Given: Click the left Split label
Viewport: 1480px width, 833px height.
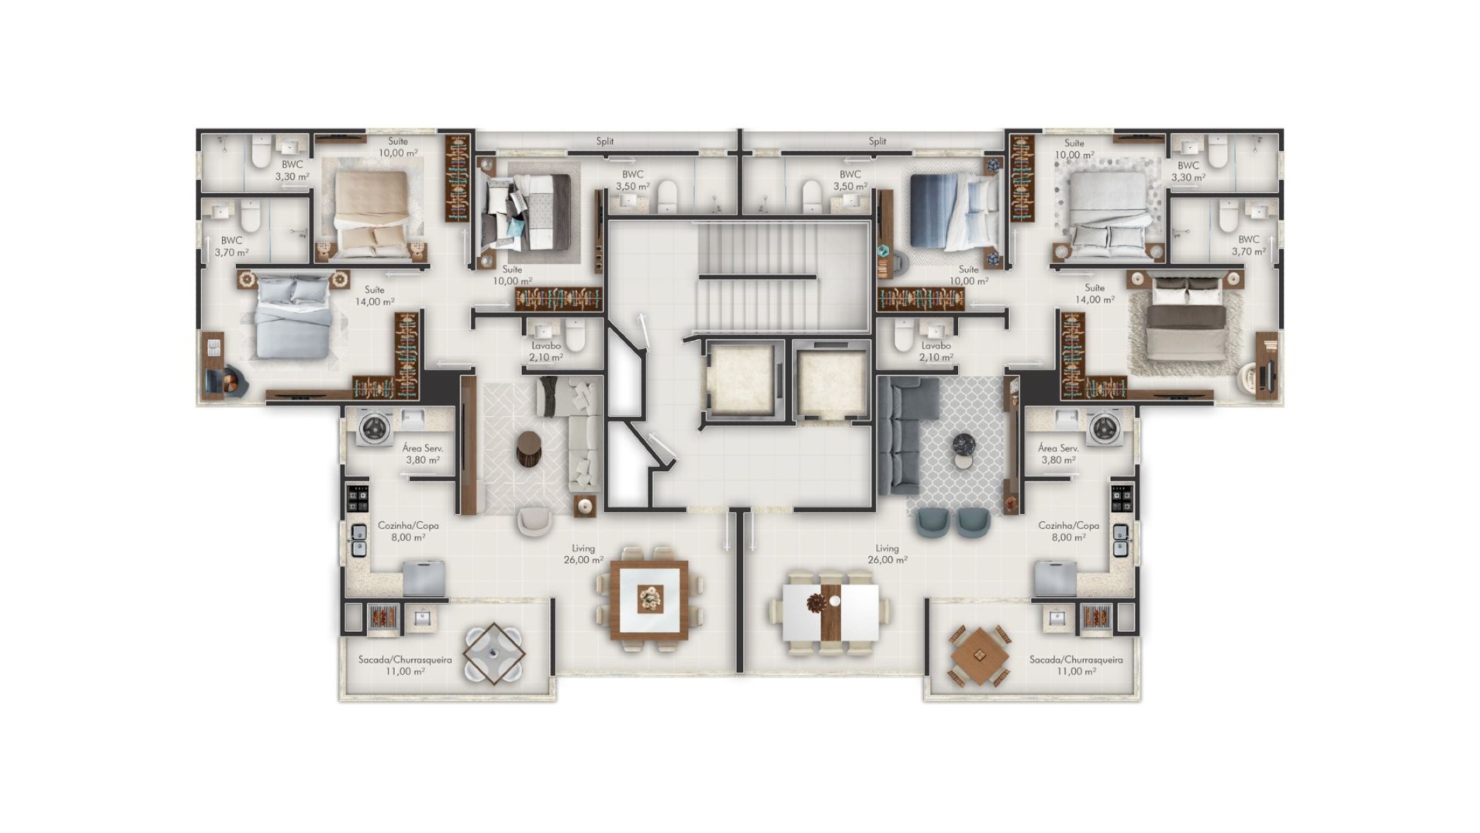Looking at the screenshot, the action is (604, 141).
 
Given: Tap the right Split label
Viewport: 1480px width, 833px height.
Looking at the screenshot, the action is (877, 141).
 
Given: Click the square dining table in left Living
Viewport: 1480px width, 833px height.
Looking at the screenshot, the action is (649, 599).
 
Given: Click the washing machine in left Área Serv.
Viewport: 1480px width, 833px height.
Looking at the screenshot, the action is (375, 427).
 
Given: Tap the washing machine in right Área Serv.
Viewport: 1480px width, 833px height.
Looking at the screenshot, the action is (1105, 427).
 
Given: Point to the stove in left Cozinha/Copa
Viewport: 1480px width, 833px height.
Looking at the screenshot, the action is (358, 498).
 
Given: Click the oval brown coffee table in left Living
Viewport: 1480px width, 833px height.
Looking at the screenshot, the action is (529, 448).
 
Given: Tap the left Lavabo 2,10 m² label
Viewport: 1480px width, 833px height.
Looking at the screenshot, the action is (546, 351).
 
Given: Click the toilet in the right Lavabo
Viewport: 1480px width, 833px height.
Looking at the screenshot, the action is (903, 335).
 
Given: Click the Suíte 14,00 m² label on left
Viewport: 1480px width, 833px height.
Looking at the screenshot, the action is (375, 296).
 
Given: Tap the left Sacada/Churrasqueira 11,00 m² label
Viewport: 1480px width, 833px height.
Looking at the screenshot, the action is (405, 665).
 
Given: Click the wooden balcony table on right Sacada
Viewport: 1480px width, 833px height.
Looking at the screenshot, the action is (979, 656).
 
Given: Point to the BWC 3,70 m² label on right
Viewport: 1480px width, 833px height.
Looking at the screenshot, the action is (1248, 246).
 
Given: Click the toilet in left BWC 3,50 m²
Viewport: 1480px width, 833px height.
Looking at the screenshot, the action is (667, 196).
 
